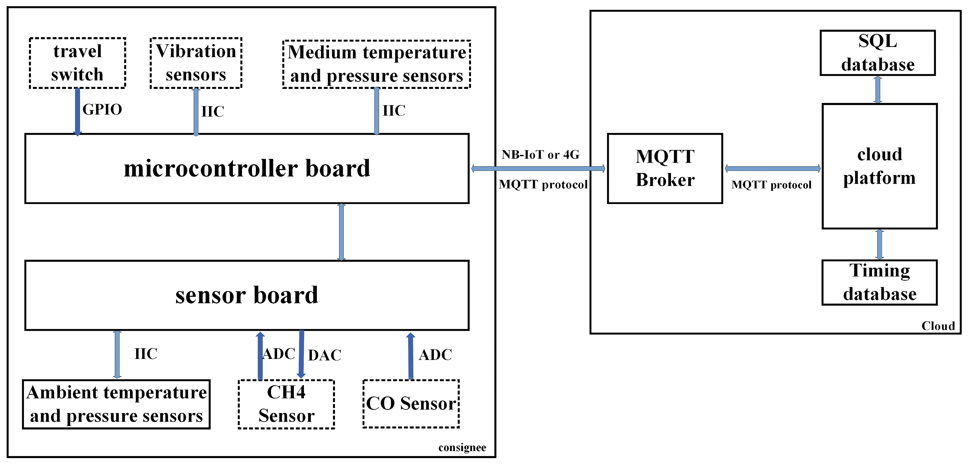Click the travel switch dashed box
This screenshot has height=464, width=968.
click(77, 63)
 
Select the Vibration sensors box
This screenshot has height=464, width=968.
click(196, 63)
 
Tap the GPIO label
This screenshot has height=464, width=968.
click(102, 109)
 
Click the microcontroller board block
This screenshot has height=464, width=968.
click(247, 168)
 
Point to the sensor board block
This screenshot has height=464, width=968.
click(247, 295)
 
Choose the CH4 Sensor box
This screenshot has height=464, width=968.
click(286, 404)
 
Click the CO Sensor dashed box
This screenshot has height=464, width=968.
click(411, 404)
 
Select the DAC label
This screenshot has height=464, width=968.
click(325, 355)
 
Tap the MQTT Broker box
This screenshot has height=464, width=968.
click(665, 168)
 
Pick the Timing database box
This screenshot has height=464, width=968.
click(879, 282)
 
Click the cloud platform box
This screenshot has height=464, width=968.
click(879, 166)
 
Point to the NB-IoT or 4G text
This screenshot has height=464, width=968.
click(540, 155)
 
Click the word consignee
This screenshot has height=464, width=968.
click(462, 448)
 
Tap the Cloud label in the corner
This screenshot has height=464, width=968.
click(938, 326)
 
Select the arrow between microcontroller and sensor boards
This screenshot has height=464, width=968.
click(341, 232)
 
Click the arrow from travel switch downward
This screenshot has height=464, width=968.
click(77, 111)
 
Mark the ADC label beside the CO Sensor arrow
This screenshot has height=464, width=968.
click(435, 355)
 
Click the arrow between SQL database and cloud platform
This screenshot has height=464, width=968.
click(878, 89)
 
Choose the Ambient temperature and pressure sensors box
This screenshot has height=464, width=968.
click(116, 404)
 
